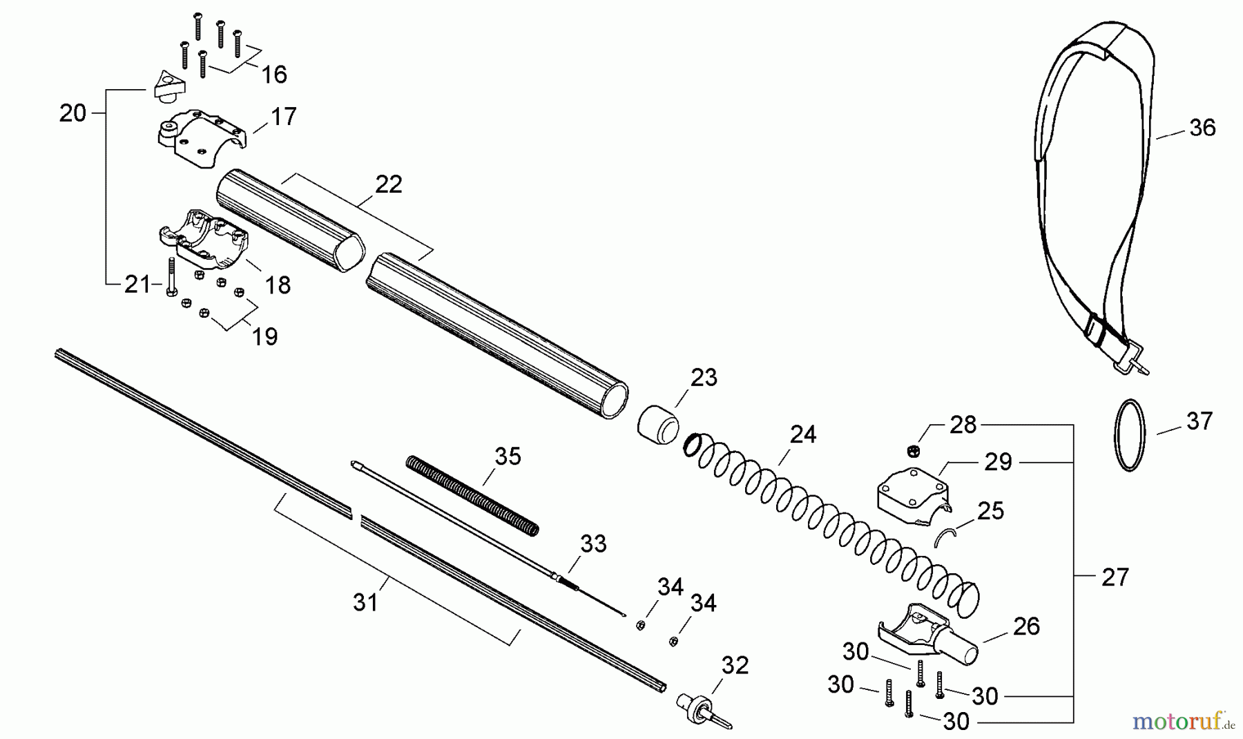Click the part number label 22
[x=389, y=184]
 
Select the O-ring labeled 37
[x=1130, y=435]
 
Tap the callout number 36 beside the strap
[x=1202, y=128]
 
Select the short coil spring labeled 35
[x=472, y=495]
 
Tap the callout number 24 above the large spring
[x=803, y=434]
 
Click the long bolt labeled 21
[x=172, y=276]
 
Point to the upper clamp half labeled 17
[x=200, y=137]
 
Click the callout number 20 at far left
[x=72, y=113]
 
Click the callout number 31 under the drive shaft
[x=366, y=603]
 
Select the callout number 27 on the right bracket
[x=1115, y=577]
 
